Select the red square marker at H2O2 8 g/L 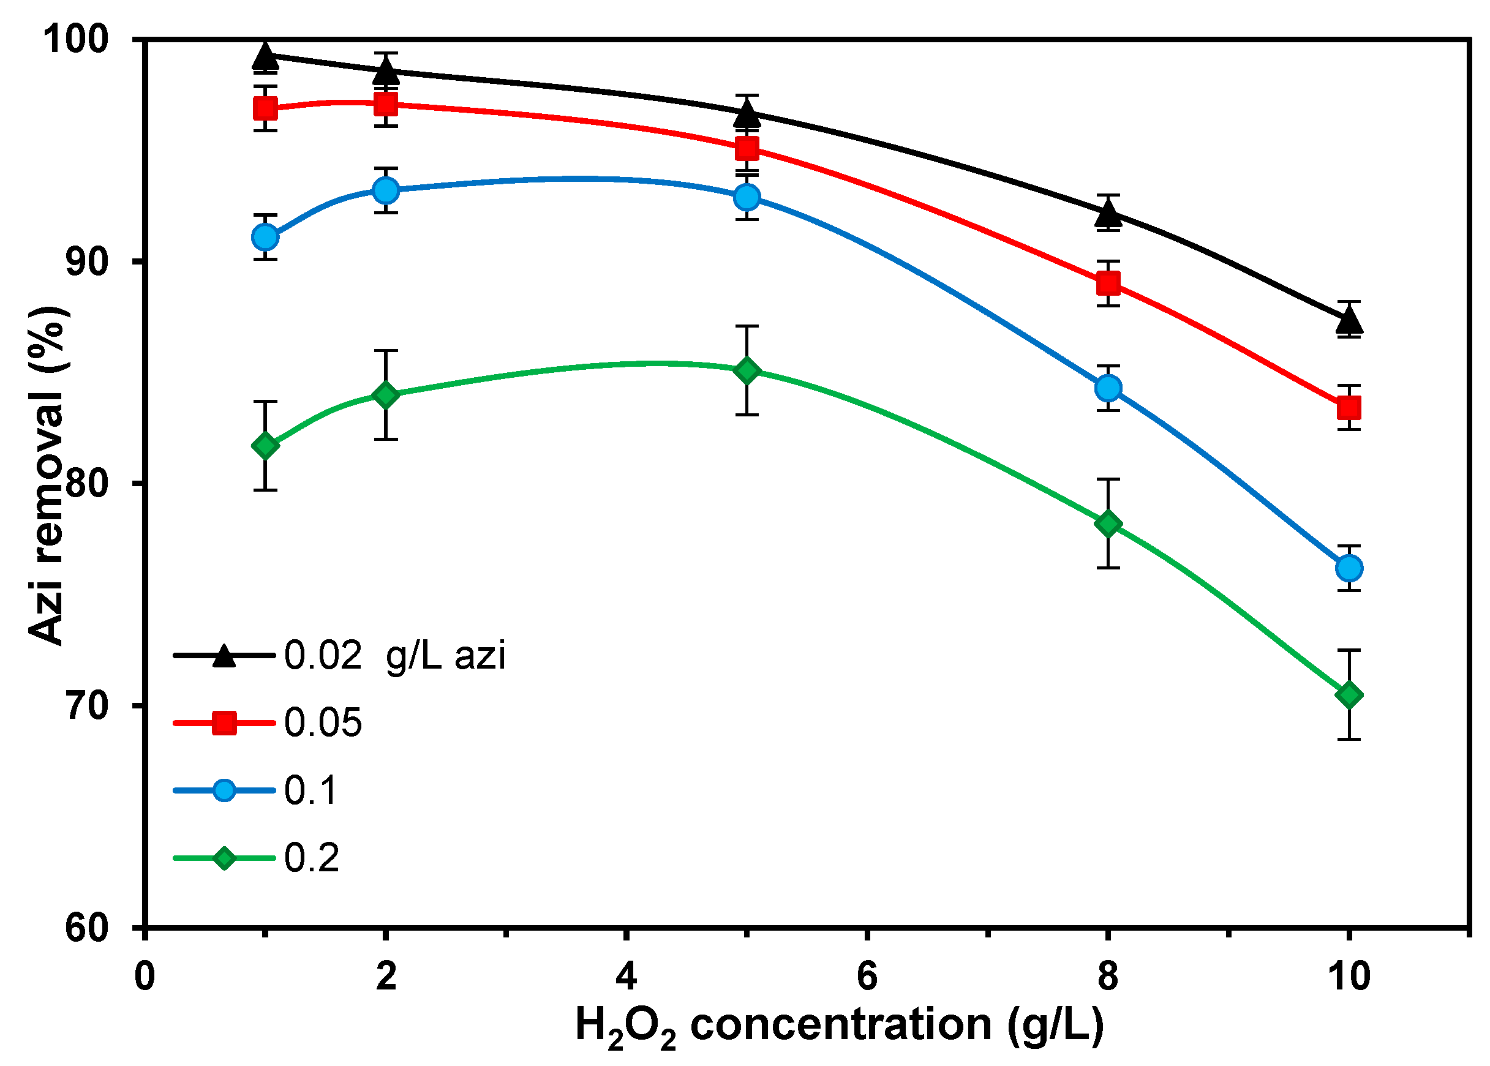tap(1108, 283)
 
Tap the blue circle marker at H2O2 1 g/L tap(265, 237)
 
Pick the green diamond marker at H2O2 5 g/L tap(747, 371)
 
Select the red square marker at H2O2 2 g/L tap(386, 103)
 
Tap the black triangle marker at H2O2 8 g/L tap(1108, 213)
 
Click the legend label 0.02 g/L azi tap(394, 655)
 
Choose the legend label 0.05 tap(323, 723)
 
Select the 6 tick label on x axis tap(867, 976)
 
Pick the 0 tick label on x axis tap(145, 976)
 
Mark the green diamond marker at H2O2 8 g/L tap(1108, 524)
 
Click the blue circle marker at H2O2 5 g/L tap(747, 197)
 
